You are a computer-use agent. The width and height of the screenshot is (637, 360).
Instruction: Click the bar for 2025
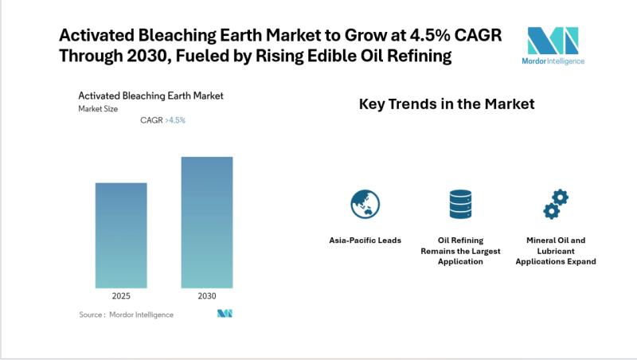(121, 235)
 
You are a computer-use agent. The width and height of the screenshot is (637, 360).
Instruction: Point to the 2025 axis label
(121, 295)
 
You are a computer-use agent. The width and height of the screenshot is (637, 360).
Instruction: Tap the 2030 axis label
(206, 295)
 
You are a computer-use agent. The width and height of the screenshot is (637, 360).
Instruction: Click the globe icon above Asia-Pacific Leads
(365, 204)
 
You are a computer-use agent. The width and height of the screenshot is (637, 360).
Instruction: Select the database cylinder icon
(460, 204)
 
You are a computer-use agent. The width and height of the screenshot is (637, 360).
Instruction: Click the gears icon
(555, 204)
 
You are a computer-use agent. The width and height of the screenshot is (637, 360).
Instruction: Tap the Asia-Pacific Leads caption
(365, 240)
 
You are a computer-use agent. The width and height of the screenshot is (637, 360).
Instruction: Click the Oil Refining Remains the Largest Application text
(460, 250)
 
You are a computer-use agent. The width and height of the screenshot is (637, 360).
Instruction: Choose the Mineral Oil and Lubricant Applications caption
(555, 250)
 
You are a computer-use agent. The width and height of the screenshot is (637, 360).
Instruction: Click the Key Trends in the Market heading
(447, 104)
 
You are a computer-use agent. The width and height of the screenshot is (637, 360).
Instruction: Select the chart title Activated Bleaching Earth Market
(150, 96)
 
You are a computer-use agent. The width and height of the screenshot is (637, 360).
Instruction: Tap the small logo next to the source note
(225, 314)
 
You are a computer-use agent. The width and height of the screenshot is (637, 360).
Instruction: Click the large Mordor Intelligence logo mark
(553, 40)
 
